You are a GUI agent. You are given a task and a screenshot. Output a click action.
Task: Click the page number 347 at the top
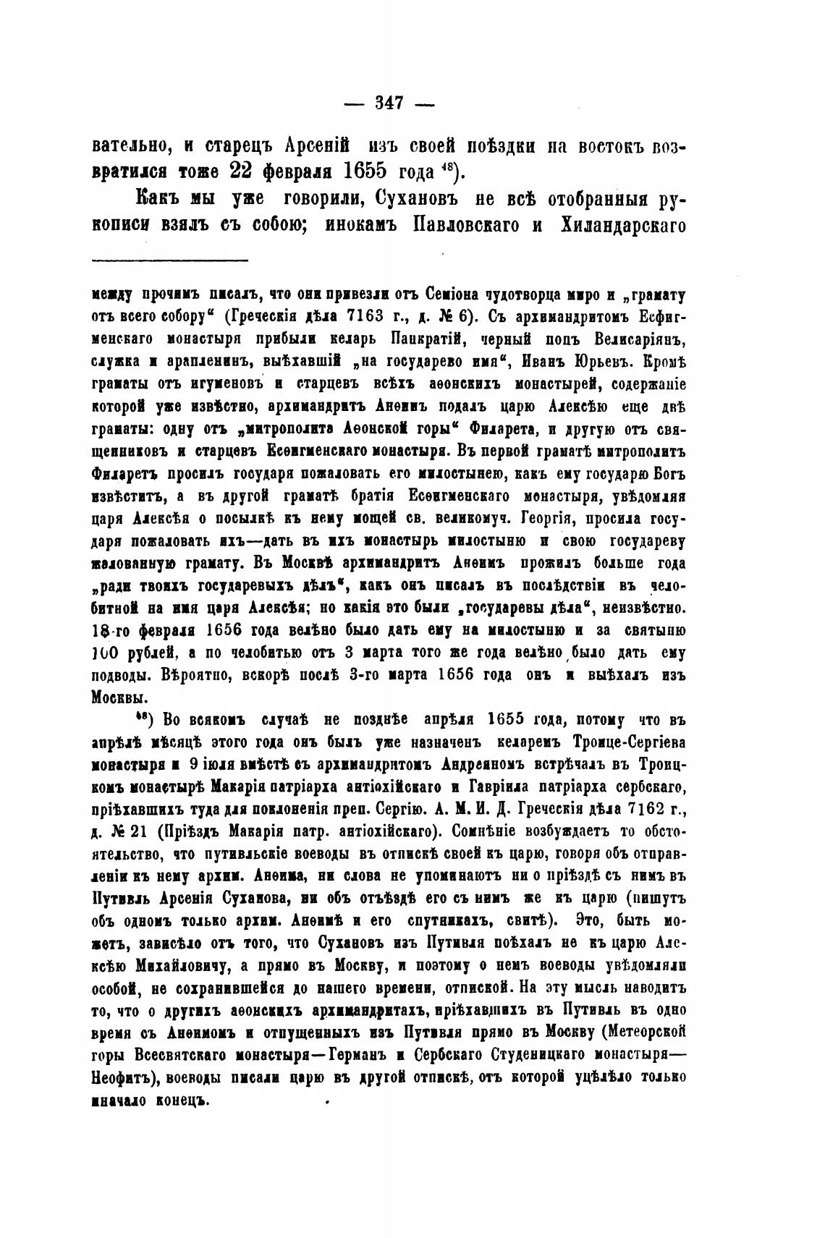tap(389, 103)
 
